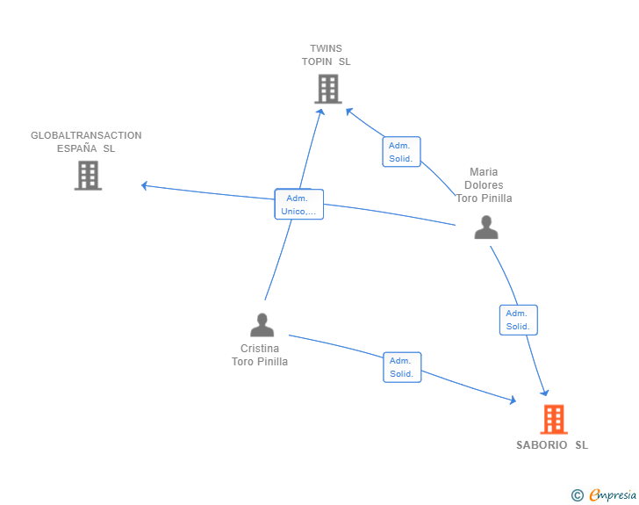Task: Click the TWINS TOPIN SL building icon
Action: pyautogui.click(x=328, y=89)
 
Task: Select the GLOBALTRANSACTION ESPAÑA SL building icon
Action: pyautogui.click(x=88, y=176)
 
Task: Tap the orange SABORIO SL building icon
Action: pyautogui.click(x=554, y=419)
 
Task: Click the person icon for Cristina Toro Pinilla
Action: pyautogui.click(x=262, y=325)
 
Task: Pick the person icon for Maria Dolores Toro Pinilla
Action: pyautogui.click(x=486, y=227)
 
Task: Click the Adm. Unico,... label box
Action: pyautogui.click(x=299, y=205)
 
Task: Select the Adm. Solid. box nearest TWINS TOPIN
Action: pyautogui.click(x=401, y=152)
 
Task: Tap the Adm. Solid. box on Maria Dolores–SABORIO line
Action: pyautogui.click(x=519, y=320)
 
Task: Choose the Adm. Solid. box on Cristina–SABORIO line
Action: pyautogui.click(x=402, y=367)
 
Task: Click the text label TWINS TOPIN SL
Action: pyautogui.click(x=326, y=55)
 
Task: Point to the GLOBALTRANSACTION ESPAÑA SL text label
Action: pyautogui.click(x=86, y=142)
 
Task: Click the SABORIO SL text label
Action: pyautogui.click(x=552, y=445)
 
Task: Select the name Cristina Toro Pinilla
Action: pyautogui.click(x=260, y=355)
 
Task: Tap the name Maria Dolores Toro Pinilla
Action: pyautogui.click(x=485, y=185)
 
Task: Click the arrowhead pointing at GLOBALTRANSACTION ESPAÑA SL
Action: pyautogui.click(x=144, y=185)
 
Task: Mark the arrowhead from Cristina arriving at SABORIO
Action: pyautogui.click(x=513, y=400)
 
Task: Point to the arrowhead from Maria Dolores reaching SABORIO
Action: pyautogui.click(x=544, y=393)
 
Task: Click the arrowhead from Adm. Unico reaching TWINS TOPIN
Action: pyautogui.click(x=321, y=112)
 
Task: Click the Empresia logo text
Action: pyautogui.click(x=613, y=494)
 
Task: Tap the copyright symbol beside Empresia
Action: pyautogui.click(x=578, y=495)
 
